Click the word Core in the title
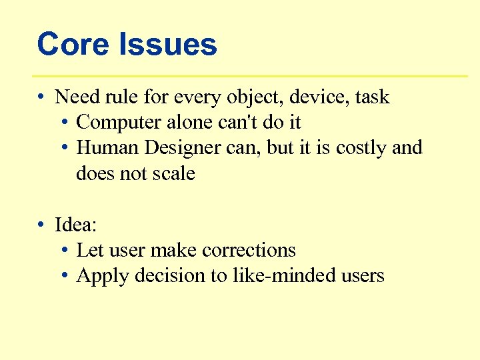[73, 45]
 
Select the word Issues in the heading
[168, 45]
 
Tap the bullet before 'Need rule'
[41, 97]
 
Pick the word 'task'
[372, 97]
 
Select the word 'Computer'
[119, 123]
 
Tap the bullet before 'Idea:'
[41, 225]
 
